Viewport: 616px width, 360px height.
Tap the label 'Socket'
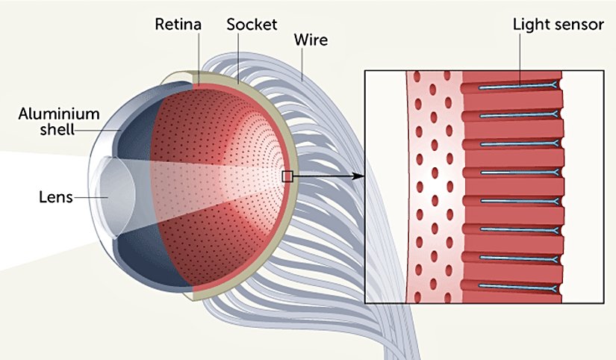[252, 24]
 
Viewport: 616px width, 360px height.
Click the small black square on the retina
[287, 176]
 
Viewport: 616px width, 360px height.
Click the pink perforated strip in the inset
[433, 187]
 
